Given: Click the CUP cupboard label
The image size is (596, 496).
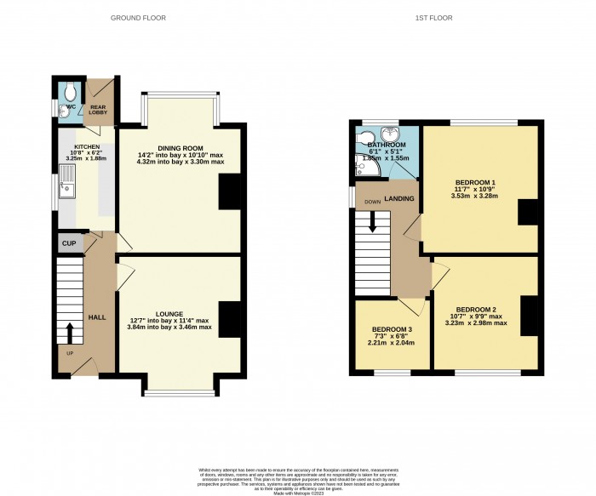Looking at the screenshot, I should pos(68,243).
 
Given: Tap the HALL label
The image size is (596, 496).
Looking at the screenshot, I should pos(96,316).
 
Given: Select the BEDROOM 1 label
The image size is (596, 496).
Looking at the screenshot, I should pos(473,183).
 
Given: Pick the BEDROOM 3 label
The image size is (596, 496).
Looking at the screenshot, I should pos(393,329).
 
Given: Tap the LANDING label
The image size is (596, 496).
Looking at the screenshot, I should pos(398,198).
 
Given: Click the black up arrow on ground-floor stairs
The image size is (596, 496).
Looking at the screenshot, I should pos(71,330).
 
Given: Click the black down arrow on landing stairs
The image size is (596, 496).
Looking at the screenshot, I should pos(373,222).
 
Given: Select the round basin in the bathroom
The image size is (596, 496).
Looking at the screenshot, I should pos(390,134).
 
